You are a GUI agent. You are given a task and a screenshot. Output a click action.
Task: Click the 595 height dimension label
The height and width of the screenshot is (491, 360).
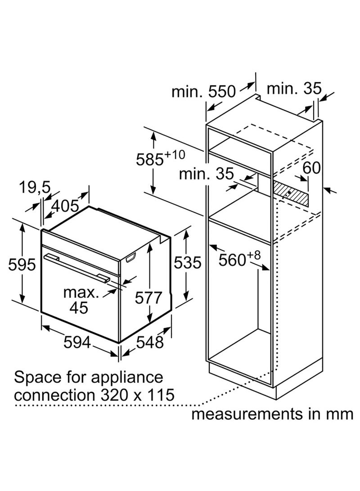click(22, 265)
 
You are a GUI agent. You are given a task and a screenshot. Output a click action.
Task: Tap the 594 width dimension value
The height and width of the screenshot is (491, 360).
click(77, 342)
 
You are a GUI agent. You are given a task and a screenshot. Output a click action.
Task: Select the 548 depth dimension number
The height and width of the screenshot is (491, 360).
click(150, 342)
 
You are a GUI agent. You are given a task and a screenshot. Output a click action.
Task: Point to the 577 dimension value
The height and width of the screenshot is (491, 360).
click(148, 297)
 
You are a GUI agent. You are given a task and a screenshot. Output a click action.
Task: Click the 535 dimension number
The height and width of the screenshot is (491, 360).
click(188, 262)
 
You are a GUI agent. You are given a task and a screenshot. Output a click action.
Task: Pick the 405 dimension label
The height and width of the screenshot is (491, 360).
click(65, 206)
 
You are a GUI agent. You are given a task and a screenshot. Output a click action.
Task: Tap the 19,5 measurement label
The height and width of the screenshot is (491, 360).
click(35, 188)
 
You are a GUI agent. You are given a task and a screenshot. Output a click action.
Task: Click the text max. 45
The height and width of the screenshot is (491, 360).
click(80, 300)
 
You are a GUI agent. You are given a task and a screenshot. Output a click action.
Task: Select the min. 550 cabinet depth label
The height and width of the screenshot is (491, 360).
click(203, 91)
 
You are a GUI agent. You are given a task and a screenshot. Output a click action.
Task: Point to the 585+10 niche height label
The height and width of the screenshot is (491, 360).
click(161, 158)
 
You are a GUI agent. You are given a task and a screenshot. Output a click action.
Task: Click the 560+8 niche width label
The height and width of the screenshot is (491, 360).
click(239, 258)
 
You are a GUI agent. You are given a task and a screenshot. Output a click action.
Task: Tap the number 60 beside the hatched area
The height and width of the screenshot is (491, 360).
click(312, 168)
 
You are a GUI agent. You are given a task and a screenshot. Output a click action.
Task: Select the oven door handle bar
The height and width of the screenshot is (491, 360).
click(76, 267)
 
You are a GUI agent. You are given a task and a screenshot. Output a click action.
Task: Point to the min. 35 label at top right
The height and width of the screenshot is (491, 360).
click(294, 88)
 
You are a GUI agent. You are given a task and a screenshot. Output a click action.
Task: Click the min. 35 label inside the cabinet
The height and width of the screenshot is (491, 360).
click(206, 173)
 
